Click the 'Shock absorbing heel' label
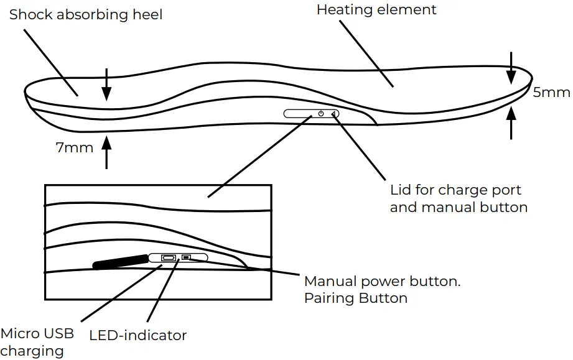[x=85, y=15]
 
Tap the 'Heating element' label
[x=376, y=10]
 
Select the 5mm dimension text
[x=551, y=93]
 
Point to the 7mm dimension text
[x=75, y=147]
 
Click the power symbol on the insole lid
[x=321, y=114]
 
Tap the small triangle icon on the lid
[x=334, y=114]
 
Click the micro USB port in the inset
[x=168, y=257]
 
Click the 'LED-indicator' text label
[x=137, y=336]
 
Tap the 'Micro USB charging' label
[x=37, y=342]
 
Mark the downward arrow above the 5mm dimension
[x=511, y=68]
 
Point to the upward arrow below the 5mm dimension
[x=511, y=122]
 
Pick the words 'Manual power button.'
[x=382, y=281]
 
